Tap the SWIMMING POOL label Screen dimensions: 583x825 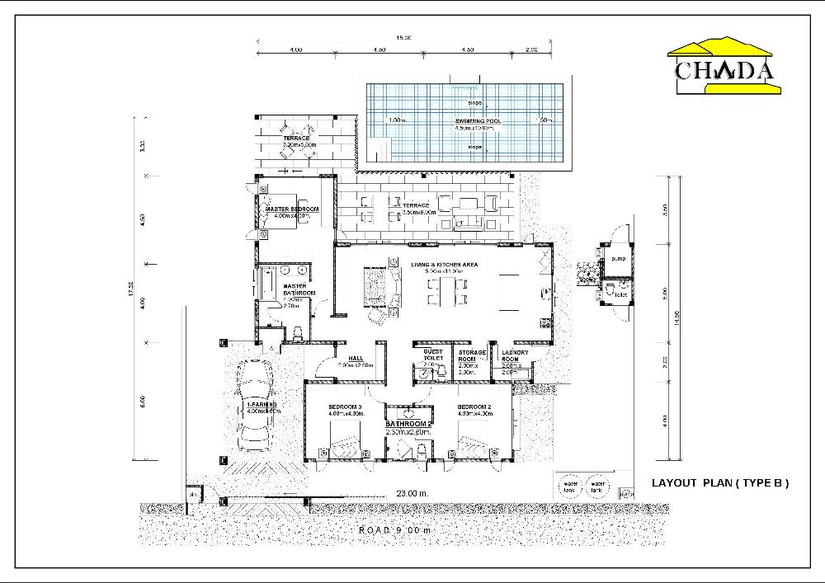478,121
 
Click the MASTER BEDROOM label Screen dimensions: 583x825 292,209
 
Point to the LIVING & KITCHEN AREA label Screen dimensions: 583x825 445,264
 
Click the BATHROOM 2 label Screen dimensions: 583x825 409,424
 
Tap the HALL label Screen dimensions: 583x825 356,359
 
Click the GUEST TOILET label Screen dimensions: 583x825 433,355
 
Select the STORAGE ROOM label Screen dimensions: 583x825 472,356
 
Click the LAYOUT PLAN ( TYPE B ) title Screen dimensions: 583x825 720,483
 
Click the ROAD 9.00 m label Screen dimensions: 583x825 395,529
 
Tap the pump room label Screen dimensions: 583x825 619,259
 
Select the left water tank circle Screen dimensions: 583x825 569,486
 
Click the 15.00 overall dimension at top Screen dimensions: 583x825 404,37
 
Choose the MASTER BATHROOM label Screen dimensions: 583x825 295,289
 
